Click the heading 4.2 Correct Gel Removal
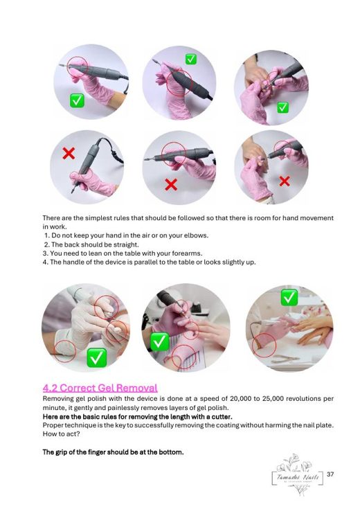pos(100,388)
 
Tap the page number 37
pos(330,474)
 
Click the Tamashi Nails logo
pos(298,475)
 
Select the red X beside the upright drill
pos(69,153)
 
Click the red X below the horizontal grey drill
pos(171,184)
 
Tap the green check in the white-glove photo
pos(96,358)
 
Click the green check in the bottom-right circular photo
pos(289,298)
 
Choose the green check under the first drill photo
pos(77,101)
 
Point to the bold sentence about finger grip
pos(113,452)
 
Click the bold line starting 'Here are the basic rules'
pos(137,417)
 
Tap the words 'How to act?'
pos(61,434)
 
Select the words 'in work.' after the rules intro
pos(55,227)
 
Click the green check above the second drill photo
pos(190,60)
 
